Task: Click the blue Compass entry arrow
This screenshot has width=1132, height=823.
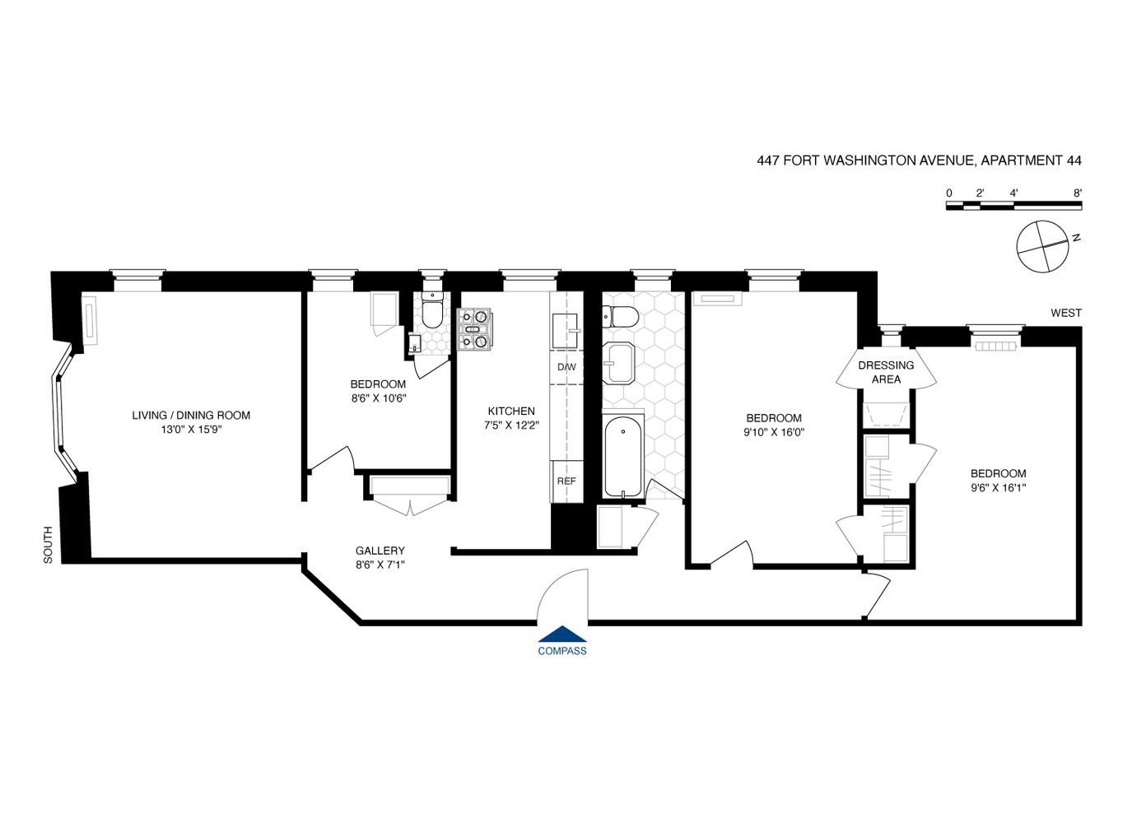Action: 562,634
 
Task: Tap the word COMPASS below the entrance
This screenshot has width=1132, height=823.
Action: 562,651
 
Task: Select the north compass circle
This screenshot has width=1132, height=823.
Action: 1042,245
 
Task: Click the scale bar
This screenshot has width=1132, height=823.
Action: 1013,206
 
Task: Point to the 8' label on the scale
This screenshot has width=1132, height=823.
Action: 1077,193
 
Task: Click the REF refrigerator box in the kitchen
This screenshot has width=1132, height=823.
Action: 566,481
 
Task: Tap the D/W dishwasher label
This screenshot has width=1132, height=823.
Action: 566,367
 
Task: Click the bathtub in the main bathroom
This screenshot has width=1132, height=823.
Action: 622,457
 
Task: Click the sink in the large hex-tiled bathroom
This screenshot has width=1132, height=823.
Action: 618,363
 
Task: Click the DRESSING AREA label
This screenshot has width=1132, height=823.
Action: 886,372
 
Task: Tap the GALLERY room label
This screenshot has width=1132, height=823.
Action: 380,551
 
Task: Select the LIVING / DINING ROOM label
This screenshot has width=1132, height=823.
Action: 191,416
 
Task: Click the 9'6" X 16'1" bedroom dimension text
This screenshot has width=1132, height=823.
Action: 998,487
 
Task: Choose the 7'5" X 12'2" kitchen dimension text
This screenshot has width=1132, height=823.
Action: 511,425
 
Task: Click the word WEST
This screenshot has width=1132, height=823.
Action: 1065,313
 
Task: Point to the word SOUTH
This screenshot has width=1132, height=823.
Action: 48,545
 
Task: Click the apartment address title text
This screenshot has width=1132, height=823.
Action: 919,160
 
